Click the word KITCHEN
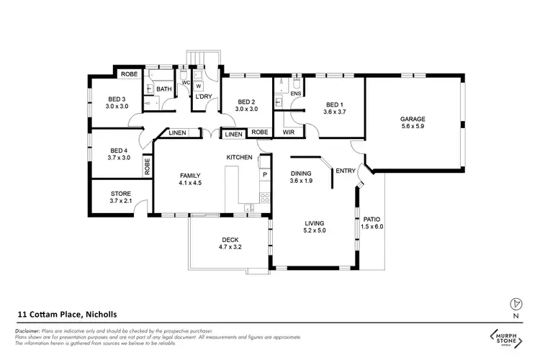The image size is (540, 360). coord(238,157)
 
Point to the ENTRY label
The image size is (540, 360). coord(346,171)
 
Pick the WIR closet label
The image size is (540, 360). coord(288,132)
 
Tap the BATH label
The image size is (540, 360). coord(164,90)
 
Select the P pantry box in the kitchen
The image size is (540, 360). coord(264,175)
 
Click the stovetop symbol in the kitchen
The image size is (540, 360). coord(264,197)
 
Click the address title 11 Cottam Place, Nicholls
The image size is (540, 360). coord(67,315)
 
